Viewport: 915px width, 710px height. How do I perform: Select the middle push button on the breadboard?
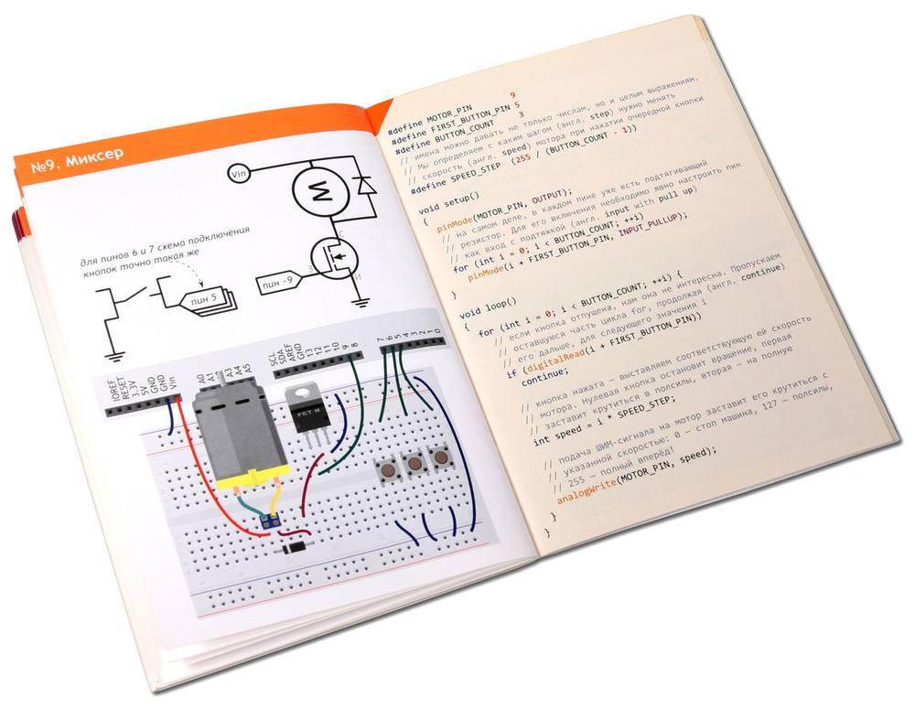(x=415, y=463)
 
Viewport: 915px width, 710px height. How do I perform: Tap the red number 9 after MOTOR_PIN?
(x=512, y=95)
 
